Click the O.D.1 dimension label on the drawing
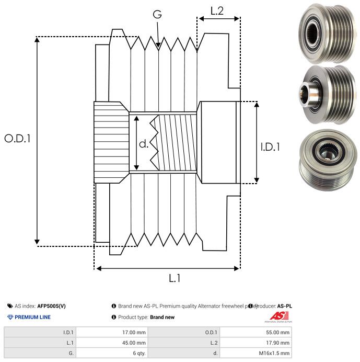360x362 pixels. [17, 139]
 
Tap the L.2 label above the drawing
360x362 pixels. [217, 11]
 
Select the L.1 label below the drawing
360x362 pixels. [175, 278]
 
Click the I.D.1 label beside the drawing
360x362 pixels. [270, 147]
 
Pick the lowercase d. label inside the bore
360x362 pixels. [144, 144]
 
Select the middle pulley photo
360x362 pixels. [325, 93]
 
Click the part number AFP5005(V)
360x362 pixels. [52, 306]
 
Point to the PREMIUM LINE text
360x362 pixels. [32, 317]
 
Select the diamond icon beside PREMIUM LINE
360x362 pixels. [10, 317]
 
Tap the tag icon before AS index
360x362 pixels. [10, 306]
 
